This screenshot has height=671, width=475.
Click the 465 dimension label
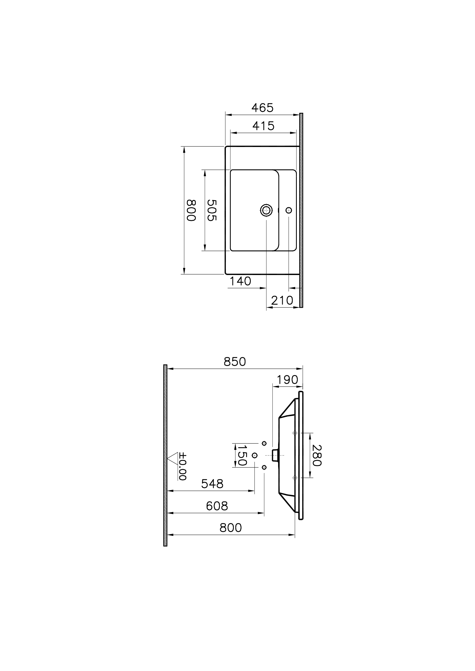pyautogui.click(x=262, y=108)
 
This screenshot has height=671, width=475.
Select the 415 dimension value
pyautogui.click(x=263, y=126)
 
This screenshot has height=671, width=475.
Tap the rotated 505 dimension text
pyautogui.click(x=212, y=210)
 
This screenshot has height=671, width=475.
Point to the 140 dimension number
pyautogui.click(x=240, y=281)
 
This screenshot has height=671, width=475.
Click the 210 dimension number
pyautogui.click(x=282, y=300)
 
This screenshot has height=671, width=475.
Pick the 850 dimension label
pyautogui.click(x=235, y=362)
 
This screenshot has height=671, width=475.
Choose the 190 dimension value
pyautogui.click(x=287, y=380)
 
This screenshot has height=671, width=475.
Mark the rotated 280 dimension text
pyautogui.click(x=317, y=455)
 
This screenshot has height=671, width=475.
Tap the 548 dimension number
pyautogui.click(x=212, y=484)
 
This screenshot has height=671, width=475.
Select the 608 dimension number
pyautogui.click(x=217, y=506)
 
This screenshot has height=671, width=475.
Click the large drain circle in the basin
pyautogui.click(x=266, y=210)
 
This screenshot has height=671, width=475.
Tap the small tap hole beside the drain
pyautogui.click(x=289, y=210)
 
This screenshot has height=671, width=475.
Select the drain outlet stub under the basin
pyautogui.click(x=275, y=455)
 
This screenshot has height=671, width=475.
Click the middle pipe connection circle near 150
pyautogui.click(x=255, y=455)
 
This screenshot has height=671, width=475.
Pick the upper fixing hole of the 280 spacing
pyautogui.click(x=295, y=433)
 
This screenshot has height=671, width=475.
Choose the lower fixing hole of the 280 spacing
pyautogui.click(x=295, y=478)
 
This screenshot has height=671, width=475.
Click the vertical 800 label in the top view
pyautogui.click(x=191, y=210)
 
